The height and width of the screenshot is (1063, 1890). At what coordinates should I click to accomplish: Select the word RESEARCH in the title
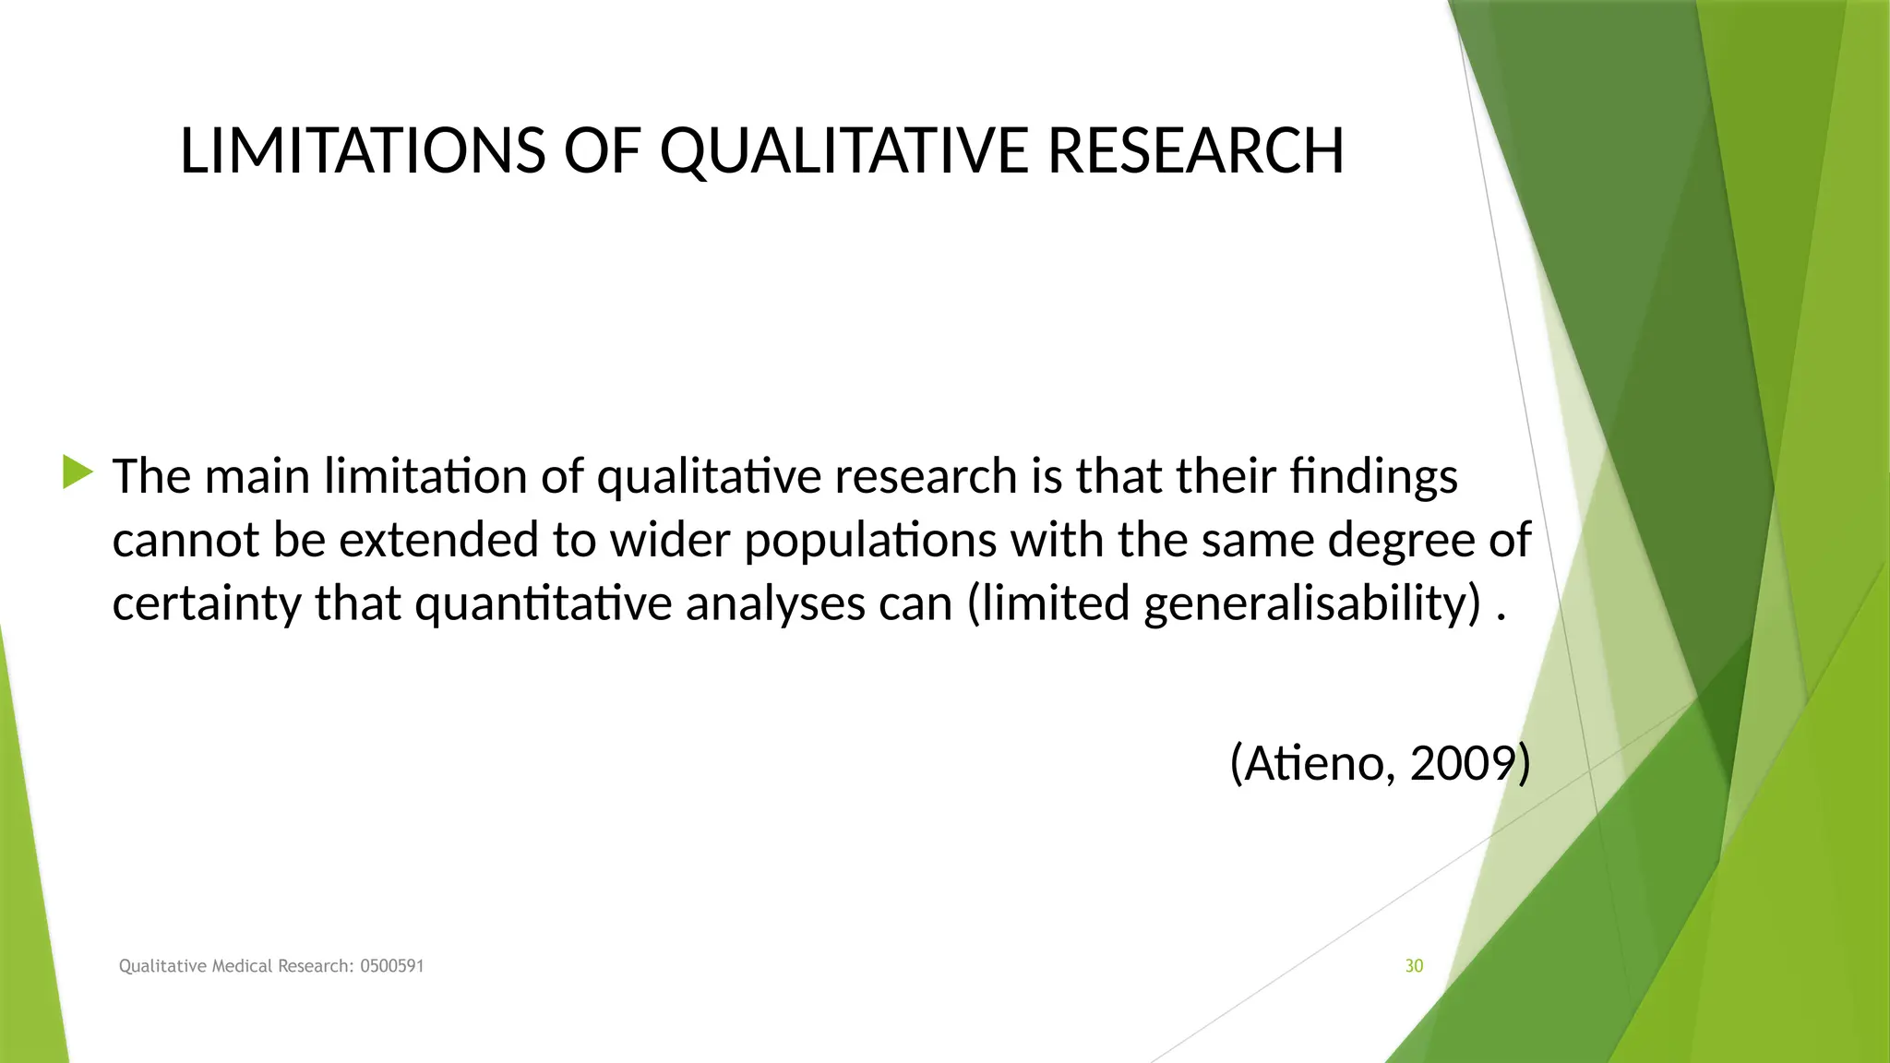[1196, 150]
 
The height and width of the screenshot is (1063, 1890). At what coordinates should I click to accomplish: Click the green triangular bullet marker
[78, 472]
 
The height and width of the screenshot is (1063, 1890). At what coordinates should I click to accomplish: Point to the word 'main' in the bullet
[257, 477]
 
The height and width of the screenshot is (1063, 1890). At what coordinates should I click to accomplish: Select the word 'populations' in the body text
[869, 540]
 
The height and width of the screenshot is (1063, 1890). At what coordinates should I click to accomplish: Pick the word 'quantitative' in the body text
[544, 603]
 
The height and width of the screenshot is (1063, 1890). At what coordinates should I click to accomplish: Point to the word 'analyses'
[774, 603]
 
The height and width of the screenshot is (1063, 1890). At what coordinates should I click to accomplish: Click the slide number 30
[1414, 966]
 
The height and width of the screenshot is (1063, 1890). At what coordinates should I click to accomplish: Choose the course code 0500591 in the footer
[392, 966]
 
